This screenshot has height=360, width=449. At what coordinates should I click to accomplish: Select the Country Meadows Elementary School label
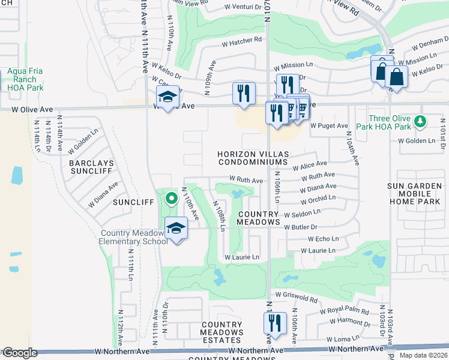coord(134,238)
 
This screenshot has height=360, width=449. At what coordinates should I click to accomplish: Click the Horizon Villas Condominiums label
coord(253,158)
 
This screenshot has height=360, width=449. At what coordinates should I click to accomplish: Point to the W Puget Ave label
coord(329,126)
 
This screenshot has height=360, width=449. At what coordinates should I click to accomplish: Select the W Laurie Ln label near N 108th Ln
coord(242,257)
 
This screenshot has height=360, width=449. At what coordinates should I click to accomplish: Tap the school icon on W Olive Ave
coord(168,96)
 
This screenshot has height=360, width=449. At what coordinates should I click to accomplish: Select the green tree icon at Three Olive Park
coord(421,122)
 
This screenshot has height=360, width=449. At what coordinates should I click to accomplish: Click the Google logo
coord(20,353)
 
